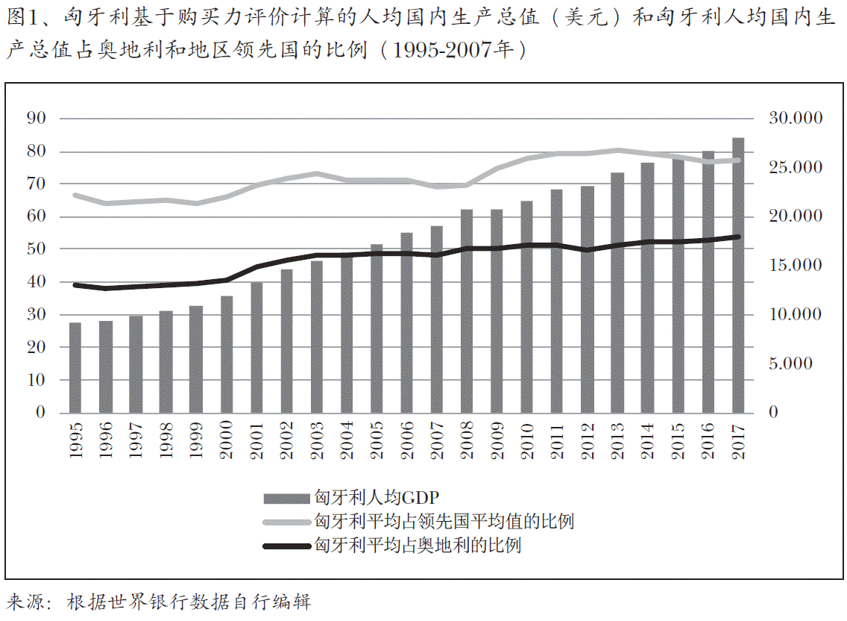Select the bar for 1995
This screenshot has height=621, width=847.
pos(75,367)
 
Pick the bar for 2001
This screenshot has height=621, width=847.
pos(256,347)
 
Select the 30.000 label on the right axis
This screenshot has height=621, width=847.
pos(795,119)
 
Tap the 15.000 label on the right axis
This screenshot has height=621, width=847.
pos(795,266)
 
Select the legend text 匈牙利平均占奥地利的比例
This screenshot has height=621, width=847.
pos(418,545)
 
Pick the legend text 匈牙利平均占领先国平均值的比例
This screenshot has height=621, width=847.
pos(444,521)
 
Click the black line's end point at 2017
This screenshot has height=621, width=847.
pos(737,237)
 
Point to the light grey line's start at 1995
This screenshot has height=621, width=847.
pos(75,195)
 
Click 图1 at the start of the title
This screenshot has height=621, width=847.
pos(21,19)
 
